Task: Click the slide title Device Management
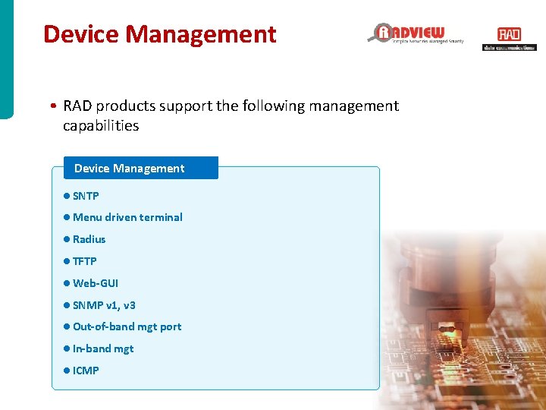click(x=159, y=34)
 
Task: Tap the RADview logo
click(x=416, y=33)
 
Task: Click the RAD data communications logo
click(x=509, y=39)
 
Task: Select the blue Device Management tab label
click(x=130, y=169)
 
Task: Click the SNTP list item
click(x=86, y=196)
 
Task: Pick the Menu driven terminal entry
click(x=127, y=217)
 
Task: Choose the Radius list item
click(x=89, y=239)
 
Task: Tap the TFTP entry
click(x=85, y=261)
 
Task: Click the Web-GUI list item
click(x=96, y=283)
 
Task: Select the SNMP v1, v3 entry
click(x=104, y=305)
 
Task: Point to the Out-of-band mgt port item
click(x=127, y=326)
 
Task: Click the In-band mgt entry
click(x=103, y=348)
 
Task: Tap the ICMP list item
click(x=86, y=371)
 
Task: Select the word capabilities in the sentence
click(x=101, y=126)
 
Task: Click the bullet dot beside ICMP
click(x=67, y=371)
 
